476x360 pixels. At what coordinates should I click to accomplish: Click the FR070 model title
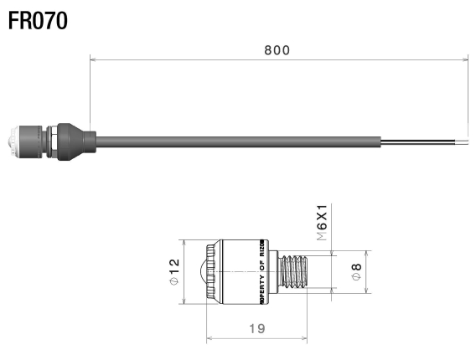(x=38, y=19)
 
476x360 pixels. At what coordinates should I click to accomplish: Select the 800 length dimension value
(x=277, y=50)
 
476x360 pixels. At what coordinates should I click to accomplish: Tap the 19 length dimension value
(x=257, y=329)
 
